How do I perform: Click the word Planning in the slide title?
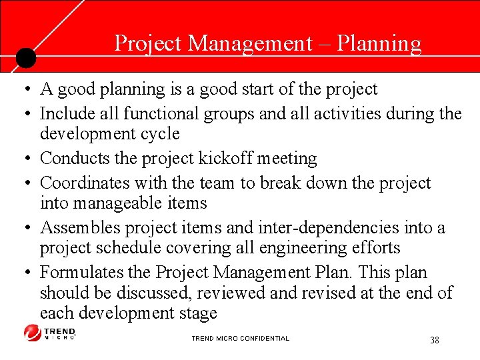pos(379,43)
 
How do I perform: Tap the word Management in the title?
pos(249,43)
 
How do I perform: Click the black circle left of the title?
pos(25,58)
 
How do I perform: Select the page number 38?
pos(434,340)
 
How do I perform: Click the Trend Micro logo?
pos(50,333)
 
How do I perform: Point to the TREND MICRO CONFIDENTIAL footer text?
pos(240,339)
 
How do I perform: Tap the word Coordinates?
pos(85,183)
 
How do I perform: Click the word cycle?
pos(159,133)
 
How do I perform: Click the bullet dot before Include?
pos(23,114)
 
